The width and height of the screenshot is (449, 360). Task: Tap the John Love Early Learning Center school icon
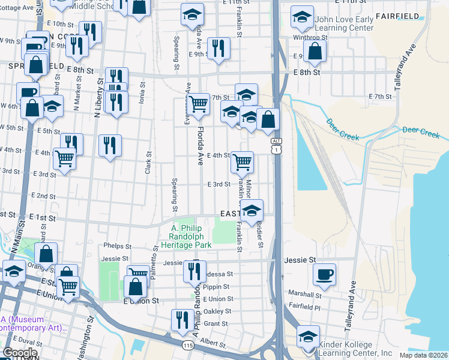(x=302, y=19)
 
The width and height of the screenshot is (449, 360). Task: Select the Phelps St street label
(x=117, y=246)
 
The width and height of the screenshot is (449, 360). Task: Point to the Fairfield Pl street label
(x=307, y=307)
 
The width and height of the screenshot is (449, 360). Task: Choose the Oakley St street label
(x=217, y=311)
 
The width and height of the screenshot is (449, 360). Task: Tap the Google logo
(x=20, y=353)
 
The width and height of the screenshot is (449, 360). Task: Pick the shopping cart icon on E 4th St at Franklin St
(x=243, y=161)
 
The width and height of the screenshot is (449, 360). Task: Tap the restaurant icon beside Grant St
(x=182, y=321)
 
